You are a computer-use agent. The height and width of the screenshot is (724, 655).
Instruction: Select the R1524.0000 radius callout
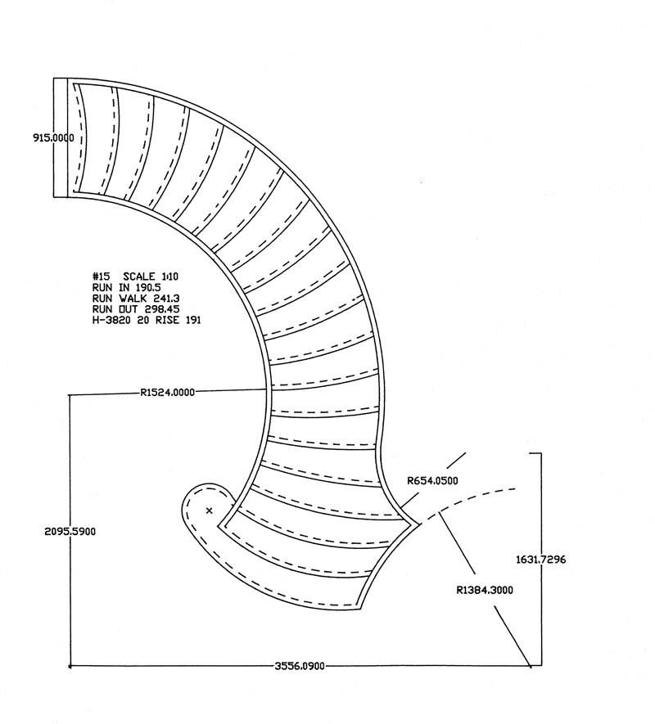tap(168, 393)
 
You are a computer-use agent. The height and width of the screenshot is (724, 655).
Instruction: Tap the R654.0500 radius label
tap(432, 481)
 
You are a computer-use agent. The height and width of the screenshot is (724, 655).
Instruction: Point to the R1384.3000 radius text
tap(486, 589)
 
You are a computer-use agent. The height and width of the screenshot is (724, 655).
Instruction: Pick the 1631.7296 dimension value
tap(541, 560)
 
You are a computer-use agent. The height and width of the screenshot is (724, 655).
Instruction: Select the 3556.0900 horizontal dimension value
tap(300, 667)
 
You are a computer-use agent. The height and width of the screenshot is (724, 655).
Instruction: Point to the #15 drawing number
tap(101, 277)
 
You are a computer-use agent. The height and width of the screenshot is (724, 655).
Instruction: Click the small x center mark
tap(210, 510)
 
